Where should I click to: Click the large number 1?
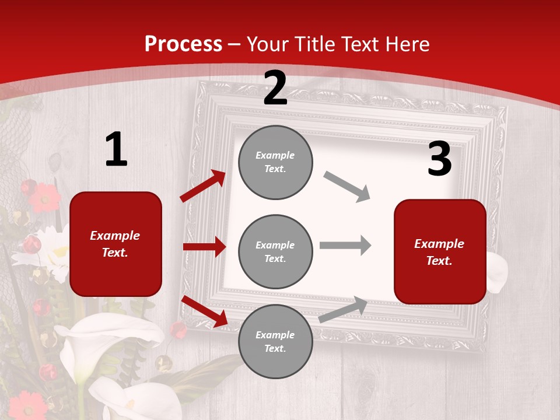[x=116, y=150]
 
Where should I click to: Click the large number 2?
[x=275, y=89]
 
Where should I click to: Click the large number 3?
[x=439, y=159]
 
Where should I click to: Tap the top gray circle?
[x=275, y=162]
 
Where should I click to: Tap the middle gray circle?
[x=275, y=252]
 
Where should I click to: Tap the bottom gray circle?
[x=275, y=342]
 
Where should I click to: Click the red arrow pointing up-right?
[x=203, y=186]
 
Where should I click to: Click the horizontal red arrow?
[x=205, y=247]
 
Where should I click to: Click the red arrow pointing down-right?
[x=204, y=311]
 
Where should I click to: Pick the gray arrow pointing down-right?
[x=347, y=187]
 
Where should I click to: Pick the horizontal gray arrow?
[x=345, y=245]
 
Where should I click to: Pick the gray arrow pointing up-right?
[x=343, y=310]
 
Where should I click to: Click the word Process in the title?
[x=183, y=44]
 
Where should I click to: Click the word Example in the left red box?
[x=115, y=236]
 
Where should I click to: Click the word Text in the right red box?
[x=439, y=261]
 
